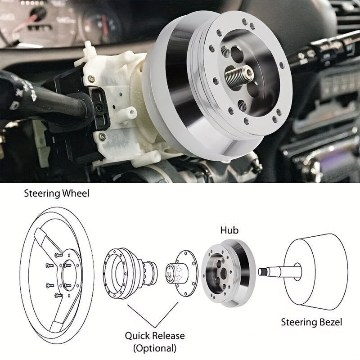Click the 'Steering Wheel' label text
57,194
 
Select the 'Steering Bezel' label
312,322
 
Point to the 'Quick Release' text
155,336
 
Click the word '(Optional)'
155,347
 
